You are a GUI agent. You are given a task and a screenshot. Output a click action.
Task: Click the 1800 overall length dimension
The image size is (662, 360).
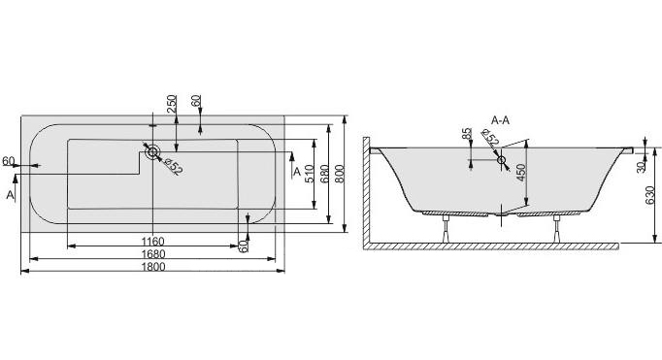click(x=152, y=267)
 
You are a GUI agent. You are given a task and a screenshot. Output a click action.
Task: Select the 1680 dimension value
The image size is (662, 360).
click(x=152, y=254)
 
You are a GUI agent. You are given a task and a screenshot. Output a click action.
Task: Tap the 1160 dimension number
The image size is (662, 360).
click(x=152, y=242)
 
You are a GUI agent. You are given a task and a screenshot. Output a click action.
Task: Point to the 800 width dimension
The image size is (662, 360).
click(x=341, y=174)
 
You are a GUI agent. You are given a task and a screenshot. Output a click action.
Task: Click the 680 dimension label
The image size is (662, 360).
click(x=324, y=174)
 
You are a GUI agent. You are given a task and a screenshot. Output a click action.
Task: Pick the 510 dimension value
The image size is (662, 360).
click(x=309, y=174)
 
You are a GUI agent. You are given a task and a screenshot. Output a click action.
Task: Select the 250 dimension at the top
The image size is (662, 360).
click(x=171, y=104)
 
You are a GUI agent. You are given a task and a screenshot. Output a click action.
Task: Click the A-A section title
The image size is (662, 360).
click(x=500, y=120)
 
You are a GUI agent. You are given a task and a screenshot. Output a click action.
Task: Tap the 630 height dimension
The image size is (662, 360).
click(x=649, y=195)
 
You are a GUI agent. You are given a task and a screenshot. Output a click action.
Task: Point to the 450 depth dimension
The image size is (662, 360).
click(x=520, y=172)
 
